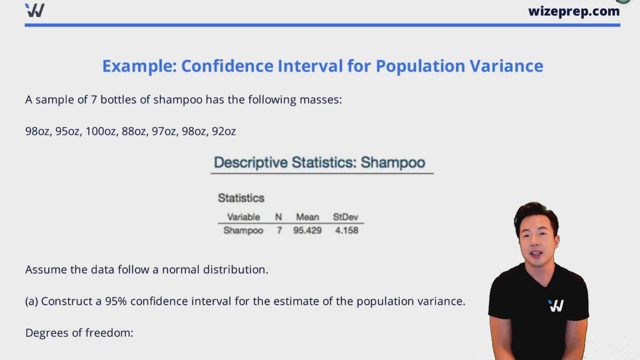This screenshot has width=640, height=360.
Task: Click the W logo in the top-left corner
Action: (x=35, y=11)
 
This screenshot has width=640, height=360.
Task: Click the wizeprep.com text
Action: (x=574, y=12)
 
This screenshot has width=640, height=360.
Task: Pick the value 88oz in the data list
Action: (x=134, y=131)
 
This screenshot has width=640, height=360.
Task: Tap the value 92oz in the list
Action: (x=224, y=131)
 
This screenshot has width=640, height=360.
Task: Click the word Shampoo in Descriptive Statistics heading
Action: (x=393, y=163)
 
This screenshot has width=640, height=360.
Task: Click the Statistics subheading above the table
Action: (x=241, y=198)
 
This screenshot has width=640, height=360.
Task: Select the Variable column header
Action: (x=243, y=217)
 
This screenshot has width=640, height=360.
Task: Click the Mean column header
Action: (x=307, y=217)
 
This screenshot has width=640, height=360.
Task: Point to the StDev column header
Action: (x=345, y=217)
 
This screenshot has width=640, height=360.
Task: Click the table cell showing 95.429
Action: (x=307, y=230)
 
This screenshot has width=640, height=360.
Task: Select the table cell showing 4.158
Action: (x=347, y=230)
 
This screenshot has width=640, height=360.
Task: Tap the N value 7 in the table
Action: (x=279, y=230)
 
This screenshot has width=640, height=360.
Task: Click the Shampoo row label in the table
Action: (x=243, y=230)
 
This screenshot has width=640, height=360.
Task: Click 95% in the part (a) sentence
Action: (x=116, y=301)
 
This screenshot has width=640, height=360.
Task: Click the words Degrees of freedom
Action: (x=79, y=333)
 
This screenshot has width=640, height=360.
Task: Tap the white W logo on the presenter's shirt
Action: (x=556, y=306)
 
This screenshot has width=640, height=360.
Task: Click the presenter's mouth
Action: (x=536, y=254)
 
